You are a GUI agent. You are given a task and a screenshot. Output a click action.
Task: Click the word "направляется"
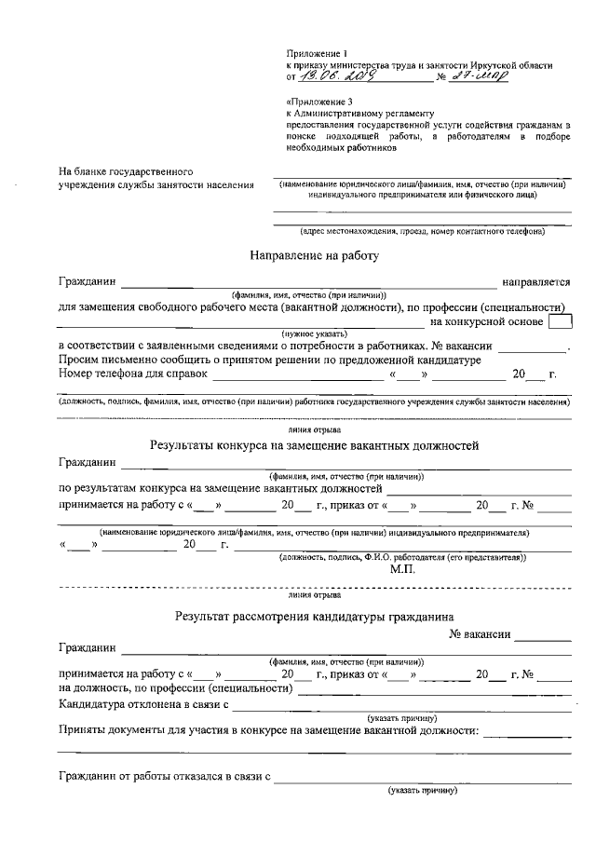[535, 280]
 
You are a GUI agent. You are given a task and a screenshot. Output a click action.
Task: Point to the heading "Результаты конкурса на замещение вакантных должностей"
[314, 445]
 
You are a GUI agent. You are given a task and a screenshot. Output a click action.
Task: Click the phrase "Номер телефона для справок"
[131, 374]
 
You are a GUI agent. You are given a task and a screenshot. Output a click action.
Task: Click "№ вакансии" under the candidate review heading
[480, 633]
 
